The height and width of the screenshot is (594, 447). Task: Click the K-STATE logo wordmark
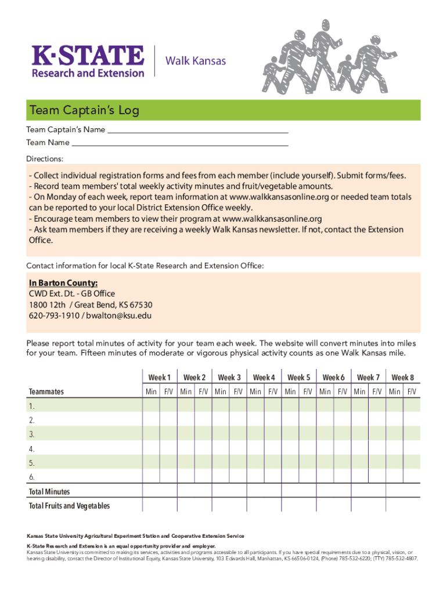coord(88,56)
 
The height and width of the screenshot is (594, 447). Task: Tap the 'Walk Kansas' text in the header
coord(196,61)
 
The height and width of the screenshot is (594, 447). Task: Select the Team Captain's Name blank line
coord(197,130)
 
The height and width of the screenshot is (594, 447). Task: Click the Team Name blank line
coord(180,143)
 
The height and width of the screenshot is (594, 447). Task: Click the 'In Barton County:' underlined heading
coord(63,283)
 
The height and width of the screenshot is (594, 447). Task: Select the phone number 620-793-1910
coord(54,316)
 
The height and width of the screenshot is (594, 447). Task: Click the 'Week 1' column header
coord(160,377)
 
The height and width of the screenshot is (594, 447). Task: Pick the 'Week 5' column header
coord(299,377)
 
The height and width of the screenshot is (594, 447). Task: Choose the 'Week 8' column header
coord(403,377)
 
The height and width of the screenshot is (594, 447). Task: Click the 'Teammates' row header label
coord(46,392)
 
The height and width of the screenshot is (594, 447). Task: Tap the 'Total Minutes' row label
coord(49,492)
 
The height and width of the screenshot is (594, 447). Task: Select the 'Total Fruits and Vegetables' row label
coord(69,506)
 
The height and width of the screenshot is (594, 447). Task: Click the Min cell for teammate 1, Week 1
coord(151,405)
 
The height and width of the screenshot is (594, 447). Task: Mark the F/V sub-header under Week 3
coord(238,392)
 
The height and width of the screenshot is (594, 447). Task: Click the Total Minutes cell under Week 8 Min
coord(395,492)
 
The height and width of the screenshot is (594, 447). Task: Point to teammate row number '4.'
coord(32,449)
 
